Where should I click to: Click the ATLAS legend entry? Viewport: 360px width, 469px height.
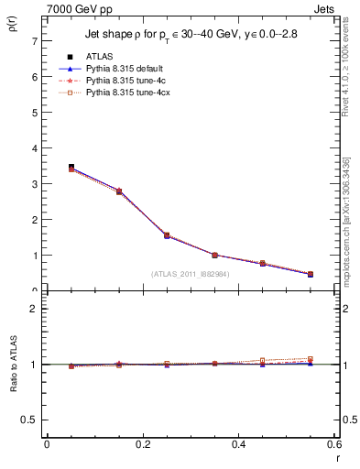coord(99,57)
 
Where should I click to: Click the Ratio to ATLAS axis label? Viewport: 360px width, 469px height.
coord(13,365)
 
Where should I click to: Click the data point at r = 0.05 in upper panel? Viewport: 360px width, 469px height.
coord(71,168)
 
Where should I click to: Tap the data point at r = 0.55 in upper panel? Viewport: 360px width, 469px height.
coord(310,274)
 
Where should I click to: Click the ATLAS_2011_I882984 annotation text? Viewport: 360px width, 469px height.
coord(191,274)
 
